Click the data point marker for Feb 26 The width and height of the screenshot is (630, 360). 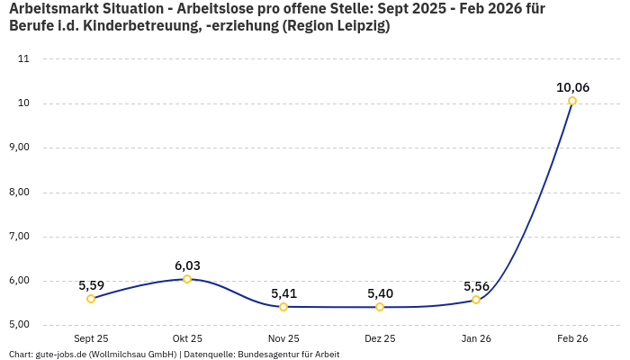coord(572,101)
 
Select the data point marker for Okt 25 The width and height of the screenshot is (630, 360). coord(187,279)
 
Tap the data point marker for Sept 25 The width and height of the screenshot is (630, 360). coord(91,299)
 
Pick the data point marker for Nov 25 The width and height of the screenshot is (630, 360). coord(283,307)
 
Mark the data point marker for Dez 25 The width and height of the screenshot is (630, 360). coord(380,307)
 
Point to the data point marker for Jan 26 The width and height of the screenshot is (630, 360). coord(476,300)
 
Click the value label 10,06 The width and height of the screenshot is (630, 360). coord(572,87)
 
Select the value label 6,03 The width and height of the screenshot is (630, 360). coord(187,265)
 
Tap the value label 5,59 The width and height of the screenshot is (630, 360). coord(91,285)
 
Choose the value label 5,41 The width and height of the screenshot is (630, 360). coord(283,293)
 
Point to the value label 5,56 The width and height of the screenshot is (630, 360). coord(476,286)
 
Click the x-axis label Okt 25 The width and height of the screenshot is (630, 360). coord(187,338)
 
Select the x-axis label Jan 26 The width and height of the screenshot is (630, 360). coord(476,338)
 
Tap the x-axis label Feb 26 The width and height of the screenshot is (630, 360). coord(572,338)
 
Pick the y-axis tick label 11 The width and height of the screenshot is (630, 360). coord(23,58)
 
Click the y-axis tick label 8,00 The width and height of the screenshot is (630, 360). coord(19,192)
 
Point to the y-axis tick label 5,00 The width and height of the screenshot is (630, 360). coord(19,325)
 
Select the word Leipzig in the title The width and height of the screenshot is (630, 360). coord(356,26)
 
